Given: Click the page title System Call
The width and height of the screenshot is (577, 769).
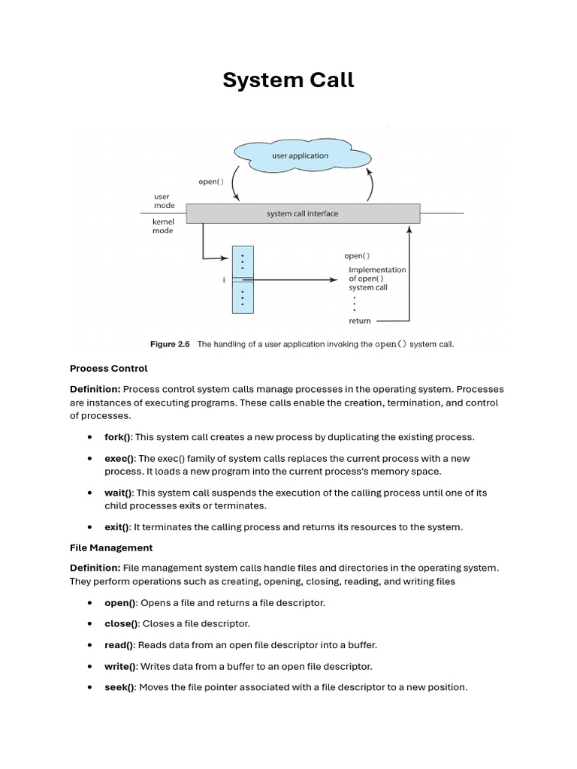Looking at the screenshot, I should pos(288,80).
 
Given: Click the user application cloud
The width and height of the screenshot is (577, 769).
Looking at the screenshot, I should pos(301,156).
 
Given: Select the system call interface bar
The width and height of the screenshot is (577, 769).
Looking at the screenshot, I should pos(303,213).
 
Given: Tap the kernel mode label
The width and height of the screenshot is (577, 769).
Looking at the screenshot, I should pos(163,226).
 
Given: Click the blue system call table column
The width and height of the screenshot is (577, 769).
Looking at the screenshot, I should pos(243,279).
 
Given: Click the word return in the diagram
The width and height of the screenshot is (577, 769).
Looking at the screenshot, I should pos(360,321).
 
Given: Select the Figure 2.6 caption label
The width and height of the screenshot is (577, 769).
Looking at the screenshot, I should pos(170,345).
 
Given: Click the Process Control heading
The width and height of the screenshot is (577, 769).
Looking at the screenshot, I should pos(109,368).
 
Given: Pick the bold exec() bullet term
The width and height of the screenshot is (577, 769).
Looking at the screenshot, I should pos(119,458).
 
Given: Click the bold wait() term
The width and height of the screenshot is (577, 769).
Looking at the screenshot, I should pos(118,493).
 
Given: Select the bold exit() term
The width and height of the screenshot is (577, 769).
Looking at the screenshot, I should pos(116,527).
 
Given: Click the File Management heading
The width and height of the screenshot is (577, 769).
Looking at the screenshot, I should pos(111,547).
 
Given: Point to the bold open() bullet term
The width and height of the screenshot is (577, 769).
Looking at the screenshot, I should pos(119,602).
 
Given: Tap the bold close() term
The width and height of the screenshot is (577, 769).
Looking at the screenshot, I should pos(121,623).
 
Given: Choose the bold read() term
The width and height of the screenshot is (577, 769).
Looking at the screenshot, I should pos(119,644).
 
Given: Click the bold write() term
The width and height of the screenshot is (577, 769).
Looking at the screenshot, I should pos(120,666).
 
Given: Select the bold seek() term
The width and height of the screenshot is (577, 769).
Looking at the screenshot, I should pos(119,687).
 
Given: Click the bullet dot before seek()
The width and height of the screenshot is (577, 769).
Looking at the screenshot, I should pos(89,687).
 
